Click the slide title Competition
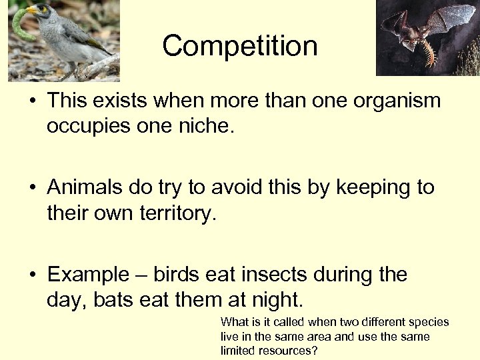tap(239, 46)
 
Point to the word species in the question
tap(430, 322)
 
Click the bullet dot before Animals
tap(33, 188)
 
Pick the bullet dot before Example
tap(33, 275)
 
